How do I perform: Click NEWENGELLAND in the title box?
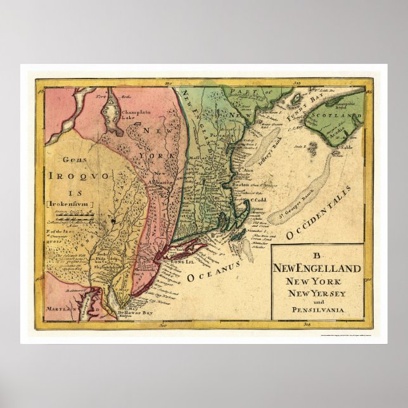click(317, 269)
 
